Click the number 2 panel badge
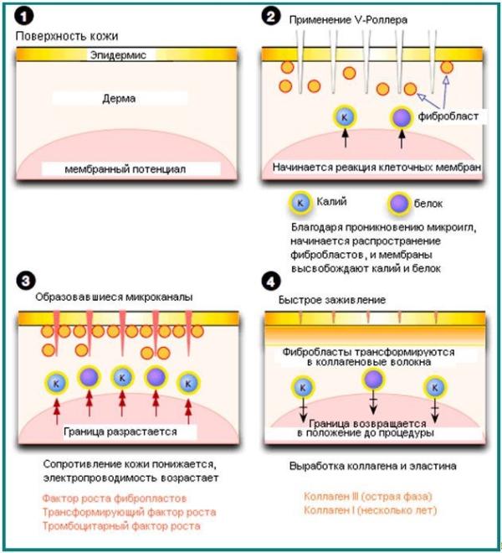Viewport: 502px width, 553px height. coord(272,18)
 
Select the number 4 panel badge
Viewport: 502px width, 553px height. coord(272,279)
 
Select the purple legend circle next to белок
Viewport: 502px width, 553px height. coord(400,203)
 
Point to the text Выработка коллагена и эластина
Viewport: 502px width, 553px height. coord(372,465)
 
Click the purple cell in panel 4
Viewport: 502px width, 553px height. coord(369,380)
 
